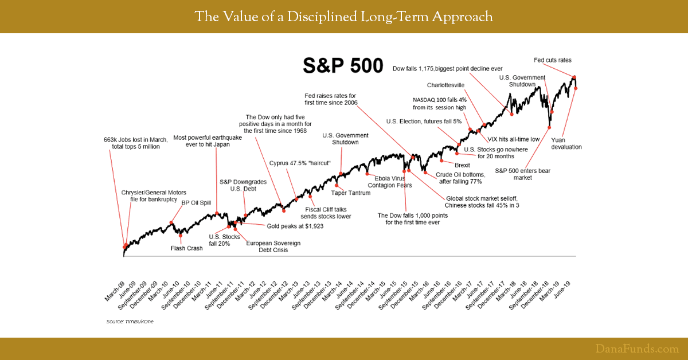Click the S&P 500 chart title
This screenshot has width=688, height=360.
tap(342, 66)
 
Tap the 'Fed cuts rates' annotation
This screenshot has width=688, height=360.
tap(548, 60)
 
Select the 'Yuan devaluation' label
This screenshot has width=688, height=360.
tap(566, 143)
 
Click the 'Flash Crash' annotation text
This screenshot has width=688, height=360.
tap(186, 248)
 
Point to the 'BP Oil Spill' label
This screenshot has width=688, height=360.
tap(196, 202)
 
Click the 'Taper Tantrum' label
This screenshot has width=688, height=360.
tap(351, 193)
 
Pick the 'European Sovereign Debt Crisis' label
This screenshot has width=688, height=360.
tap(273, 246)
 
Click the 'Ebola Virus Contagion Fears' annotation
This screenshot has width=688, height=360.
tap(389, 181)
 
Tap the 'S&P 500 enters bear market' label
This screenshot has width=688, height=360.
tap(513, 174)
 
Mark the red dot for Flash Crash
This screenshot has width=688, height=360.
tap(181, 235)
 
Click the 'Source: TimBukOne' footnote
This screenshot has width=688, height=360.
tap(130, 322)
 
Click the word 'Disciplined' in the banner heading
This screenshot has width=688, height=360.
tap(300, 17)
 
